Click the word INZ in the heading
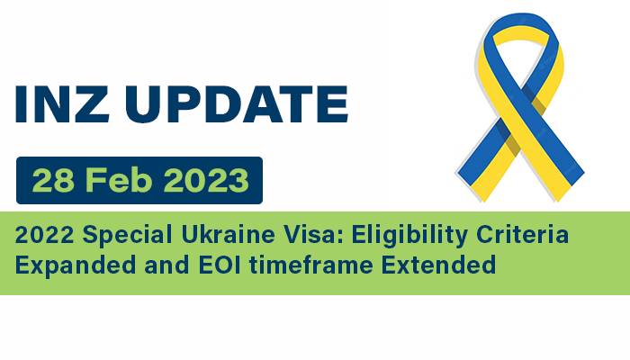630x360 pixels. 62,104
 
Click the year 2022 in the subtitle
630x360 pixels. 44,237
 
